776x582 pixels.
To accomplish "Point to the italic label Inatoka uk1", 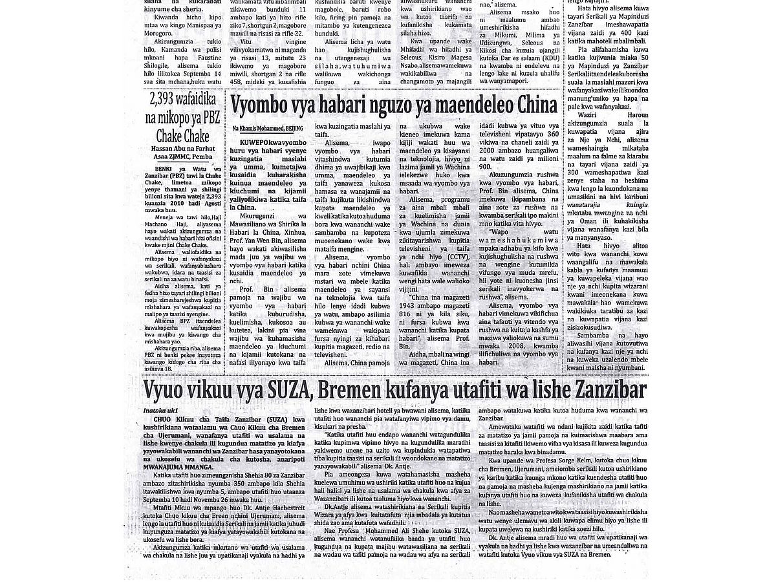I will point(160,411).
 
